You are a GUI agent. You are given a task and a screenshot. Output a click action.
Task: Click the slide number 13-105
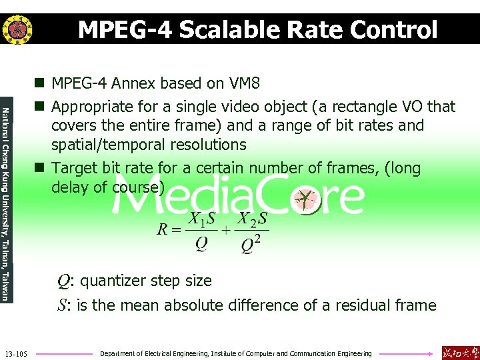[x=15, y=353]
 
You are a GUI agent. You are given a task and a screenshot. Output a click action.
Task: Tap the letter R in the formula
[x=163, y=230]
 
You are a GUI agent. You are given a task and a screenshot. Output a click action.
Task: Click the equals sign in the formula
[x=177, y=230]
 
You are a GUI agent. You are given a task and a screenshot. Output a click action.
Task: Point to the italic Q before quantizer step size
[x=63, y=281]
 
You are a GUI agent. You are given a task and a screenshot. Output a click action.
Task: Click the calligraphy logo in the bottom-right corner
[x=459, y=352]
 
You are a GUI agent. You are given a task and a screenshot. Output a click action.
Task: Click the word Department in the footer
[x=118, y=353]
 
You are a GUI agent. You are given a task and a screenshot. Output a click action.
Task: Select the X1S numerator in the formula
[x=201, y=218]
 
